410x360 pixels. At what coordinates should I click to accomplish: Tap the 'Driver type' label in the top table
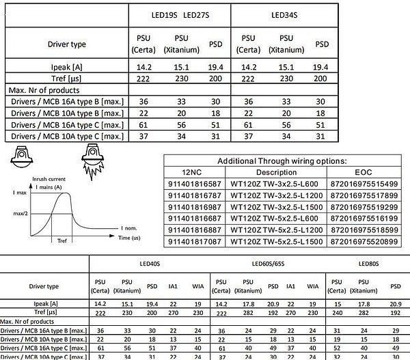pyautogui.click(x=67, y=44)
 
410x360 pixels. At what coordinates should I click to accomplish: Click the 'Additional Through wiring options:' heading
pyautogui.click(x=282, y=161)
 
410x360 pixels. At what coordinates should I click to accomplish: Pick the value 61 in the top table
pyautogui.click(x=144, y=125)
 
